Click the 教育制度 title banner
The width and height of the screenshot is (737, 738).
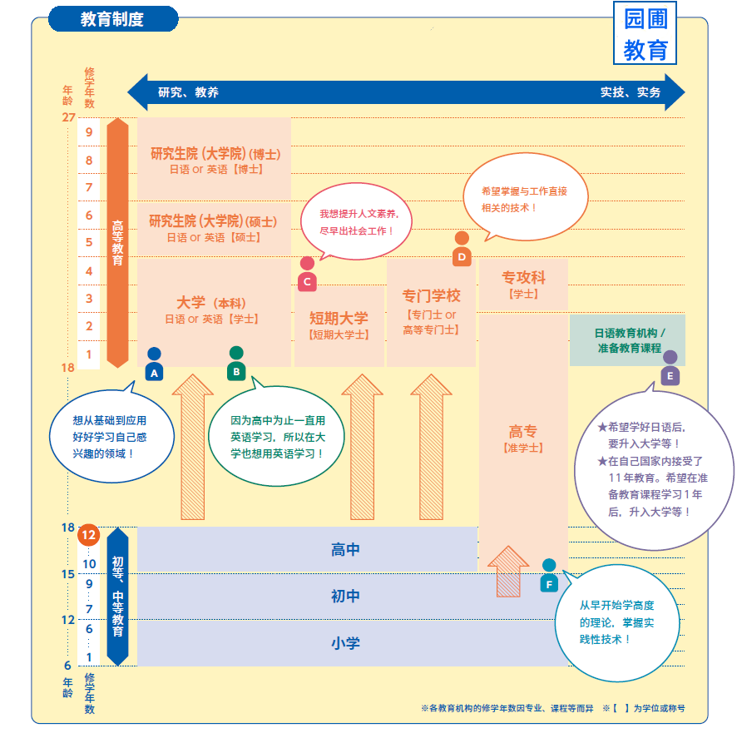(113, 19)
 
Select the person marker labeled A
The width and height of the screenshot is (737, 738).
(154, 364)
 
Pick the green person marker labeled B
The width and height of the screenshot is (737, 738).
(236, 364)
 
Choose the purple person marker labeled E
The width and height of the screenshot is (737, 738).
(670, 368)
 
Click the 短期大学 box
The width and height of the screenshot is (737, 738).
(339, 324)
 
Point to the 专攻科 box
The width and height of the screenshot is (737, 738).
(523, 284)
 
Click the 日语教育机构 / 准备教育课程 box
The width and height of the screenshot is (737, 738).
(628, 340)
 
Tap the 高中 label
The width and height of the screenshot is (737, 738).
(345, 550)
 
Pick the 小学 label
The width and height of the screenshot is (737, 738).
(345, 643)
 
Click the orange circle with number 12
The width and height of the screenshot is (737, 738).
(89, 536)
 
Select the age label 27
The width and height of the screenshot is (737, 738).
(68, 117)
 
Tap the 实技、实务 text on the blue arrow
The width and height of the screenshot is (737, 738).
(631, 92)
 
